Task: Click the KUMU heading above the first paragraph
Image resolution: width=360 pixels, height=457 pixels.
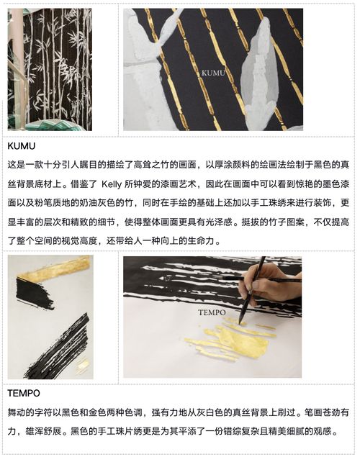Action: click(22, 145)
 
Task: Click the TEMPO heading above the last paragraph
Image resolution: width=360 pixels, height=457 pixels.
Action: click(24, 393)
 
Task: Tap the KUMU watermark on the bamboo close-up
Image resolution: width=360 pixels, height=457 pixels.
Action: click(213, 73)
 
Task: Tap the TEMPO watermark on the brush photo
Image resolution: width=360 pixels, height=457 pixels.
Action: click(212, 312)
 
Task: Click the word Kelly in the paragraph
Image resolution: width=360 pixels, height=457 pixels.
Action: click(112, 184)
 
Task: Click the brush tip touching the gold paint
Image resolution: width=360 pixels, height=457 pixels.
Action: click(240, 322)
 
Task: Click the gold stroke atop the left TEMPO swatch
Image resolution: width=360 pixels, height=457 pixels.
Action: click(54, 269)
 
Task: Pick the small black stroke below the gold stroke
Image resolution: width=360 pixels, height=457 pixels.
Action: click(35, 294)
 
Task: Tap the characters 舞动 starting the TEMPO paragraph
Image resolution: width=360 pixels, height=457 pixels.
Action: click(17, 412)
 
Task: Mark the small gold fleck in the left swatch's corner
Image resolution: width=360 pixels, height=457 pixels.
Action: click(83, 366)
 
